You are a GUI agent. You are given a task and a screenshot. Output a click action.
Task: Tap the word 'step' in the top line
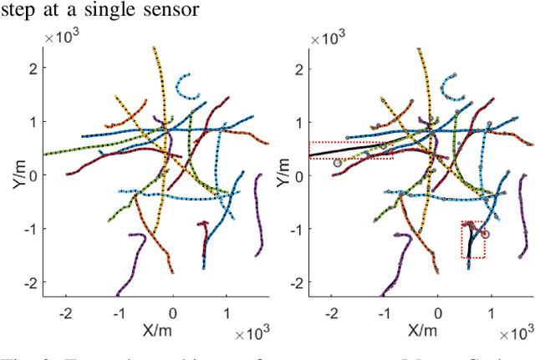tap(19, 10)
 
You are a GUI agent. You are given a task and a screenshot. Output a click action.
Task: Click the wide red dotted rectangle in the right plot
tap(351, 150)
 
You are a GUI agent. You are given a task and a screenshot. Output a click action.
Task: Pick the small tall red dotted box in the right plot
tap(472, 240)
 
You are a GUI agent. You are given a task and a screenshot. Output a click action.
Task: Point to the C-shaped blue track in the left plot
tap(186, 84)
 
